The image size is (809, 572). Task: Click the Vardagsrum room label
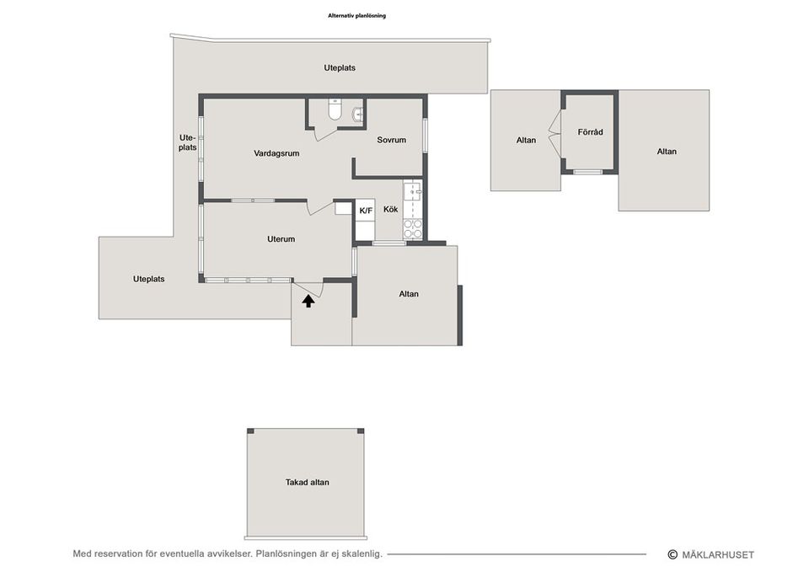[276, 153]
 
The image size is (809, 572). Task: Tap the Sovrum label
[391, 140]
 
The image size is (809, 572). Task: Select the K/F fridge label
[366, 211]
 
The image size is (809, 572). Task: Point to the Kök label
[390, 210]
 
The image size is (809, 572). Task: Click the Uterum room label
[281, 238]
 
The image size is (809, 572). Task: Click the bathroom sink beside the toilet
[357, 115]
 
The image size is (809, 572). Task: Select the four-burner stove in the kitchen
[413, 229]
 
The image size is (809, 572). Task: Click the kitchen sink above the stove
[413, 192]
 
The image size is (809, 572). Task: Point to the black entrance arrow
[308, 301]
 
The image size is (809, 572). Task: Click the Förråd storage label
[590, 132]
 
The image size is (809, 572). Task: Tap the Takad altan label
[307, 482]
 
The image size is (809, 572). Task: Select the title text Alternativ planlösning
[356, 15]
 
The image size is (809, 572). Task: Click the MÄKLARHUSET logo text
[718, 555]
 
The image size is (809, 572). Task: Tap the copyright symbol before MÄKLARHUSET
[672, 554]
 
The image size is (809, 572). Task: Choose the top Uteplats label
[340, 67]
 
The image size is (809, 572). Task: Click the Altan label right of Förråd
[667, 151]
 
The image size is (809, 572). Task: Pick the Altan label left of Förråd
[526, 140]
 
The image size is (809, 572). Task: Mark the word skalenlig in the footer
[363, 554]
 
